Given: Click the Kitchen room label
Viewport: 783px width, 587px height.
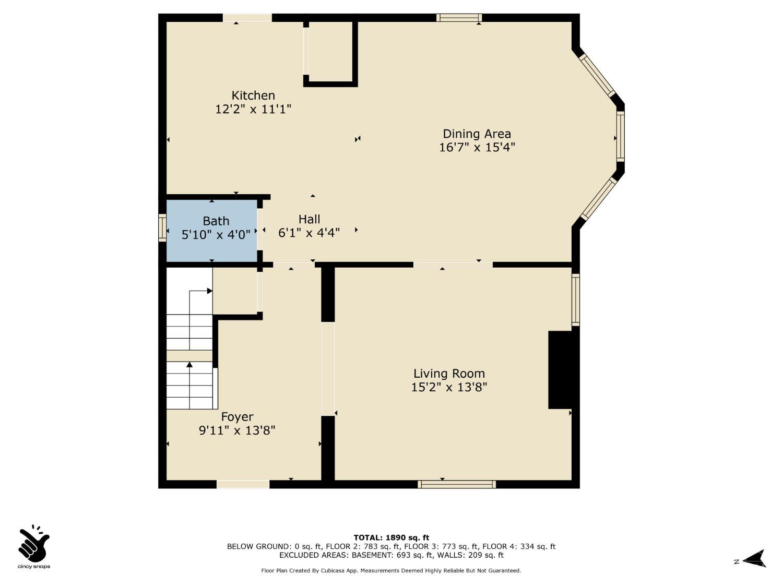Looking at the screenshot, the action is tap(253, 95).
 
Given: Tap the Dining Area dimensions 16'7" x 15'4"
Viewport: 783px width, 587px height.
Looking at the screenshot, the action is tap(477, 147).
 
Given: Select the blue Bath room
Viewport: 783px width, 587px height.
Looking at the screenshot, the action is tap(212, 231).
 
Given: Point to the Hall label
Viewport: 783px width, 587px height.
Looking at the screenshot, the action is tap(309, 219).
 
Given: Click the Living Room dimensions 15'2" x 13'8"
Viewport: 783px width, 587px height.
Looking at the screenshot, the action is tap(449, 387).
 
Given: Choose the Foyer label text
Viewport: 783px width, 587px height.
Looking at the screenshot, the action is tap(237, 416).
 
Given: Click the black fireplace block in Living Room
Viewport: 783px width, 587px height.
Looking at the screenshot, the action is tap(561, 369).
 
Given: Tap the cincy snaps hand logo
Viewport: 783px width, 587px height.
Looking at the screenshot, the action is tap(34, 543).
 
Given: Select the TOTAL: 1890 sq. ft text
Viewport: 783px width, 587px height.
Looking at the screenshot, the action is tap(391, 537).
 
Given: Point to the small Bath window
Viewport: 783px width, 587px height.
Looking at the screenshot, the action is tap(162, 227).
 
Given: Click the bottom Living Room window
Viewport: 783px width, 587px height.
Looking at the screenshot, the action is tap(457, 484).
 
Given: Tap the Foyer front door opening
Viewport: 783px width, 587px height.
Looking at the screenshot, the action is tap(243, 484).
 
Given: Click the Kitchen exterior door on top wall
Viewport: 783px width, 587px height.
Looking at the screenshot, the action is tap(247, 18).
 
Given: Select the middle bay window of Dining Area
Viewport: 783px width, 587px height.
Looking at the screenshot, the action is tap(620, 136).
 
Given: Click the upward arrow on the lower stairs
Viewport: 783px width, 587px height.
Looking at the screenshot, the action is tap(189, 385).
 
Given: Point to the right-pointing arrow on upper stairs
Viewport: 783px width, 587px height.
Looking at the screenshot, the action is tap(200, 291).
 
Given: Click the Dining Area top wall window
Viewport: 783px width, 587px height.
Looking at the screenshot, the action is tap(459, 18).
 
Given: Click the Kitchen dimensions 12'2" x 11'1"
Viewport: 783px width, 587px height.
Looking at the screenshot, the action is tap(253, 109).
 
